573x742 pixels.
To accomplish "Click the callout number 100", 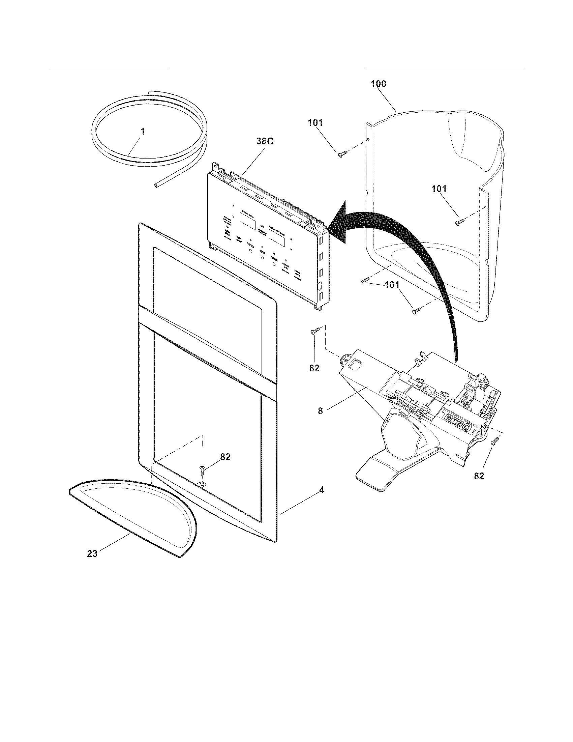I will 378,84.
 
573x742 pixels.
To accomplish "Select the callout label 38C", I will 264,142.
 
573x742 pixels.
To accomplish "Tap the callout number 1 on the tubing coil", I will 143,131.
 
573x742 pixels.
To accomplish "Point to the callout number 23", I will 92,553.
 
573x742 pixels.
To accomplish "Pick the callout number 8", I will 320,411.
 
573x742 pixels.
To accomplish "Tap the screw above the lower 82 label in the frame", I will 202,470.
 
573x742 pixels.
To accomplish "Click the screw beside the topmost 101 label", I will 341,154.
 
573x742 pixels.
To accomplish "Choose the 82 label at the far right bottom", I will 479,476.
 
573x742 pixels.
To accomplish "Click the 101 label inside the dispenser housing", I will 439,189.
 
